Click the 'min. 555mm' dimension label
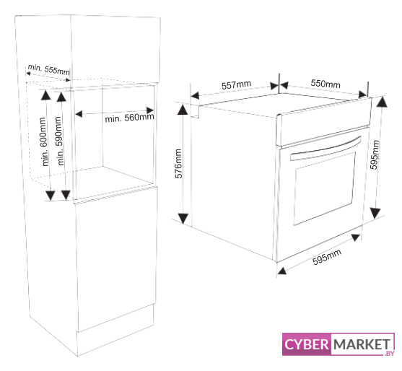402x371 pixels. (x=48, y=69)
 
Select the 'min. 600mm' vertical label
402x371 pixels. (x=44, y=141)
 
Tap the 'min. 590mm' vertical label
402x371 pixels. (x=59, y=141)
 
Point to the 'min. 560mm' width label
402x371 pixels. (x=129, y=118)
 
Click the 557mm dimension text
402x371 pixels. (x=237, y=85)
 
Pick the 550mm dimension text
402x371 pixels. (x=325, y=83)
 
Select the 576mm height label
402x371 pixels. (x=178, y=164)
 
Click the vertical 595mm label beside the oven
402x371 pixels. (x=375, y=154)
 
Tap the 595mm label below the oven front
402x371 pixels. (x=327, y=257)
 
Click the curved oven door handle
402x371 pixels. (x=325, y=149)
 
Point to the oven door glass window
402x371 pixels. (x=325, y=188)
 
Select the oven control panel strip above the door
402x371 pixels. (x=323, y=122)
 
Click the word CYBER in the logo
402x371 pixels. (x=306, y=344)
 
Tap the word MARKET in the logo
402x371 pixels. (x=362, y=344)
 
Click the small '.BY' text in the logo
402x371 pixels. (x=389, y=353)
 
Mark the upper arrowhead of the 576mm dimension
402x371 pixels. (x=183, y=109)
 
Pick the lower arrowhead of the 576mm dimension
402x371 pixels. (x=183, y=219)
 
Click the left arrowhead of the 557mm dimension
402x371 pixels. (x=195, y=96)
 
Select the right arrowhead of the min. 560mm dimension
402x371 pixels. (x=150, y=110)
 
